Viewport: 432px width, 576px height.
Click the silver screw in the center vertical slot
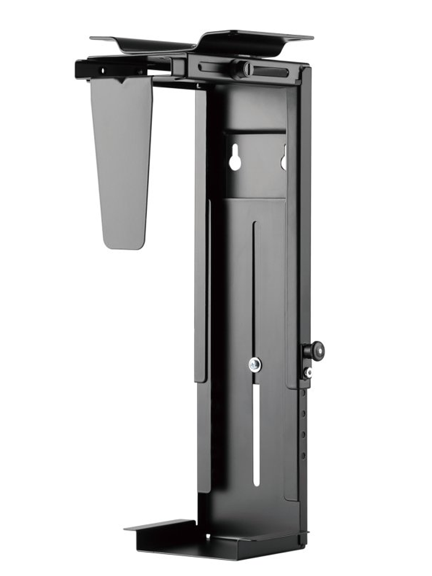point(255,364)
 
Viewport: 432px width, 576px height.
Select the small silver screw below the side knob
point(308,372)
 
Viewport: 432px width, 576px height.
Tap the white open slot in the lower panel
point(256,435)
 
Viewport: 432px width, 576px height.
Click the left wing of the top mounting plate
point(136,43)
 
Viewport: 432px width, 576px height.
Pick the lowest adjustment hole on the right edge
point(303,455)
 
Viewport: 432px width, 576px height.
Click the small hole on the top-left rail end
point(103,71)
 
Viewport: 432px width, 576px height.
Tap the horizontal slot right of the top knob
point(272,71)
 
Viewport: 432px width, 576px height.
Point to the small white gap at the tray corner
point(207,536)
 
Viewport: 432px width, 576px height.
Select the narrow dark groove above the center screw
point(255,284)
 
